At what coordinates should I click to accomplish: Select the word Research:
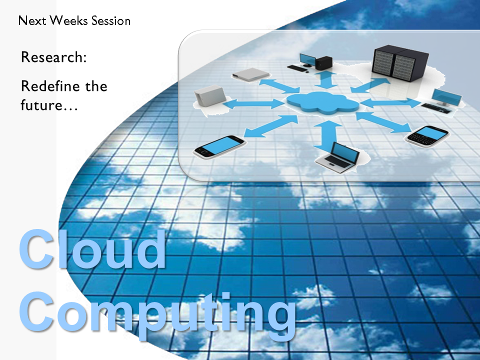(54, 57)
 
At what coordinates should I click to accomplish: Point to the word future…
(49, 105)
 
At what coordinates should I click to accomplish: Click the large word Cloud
(92, 249)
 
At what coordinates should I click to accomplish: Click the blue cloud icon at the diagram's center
(322, 102)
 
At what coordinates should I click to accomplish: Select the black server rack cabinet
(400, 63)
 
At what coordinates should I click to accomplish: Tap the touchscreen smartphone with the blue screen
(219, 147)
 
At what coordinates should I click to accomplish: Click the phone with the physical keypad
(427, 135)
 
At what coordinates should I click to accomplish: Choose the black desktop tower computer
(324, 63)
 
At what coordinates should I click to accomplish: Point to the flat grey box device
(250, 74)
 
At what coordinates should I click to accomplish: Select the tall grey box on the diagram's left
(210, 96)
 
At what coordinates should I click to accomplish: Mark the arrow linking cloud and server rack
(370, 85)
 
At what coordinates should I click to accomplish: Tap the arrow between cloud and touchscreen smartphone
(270, 126)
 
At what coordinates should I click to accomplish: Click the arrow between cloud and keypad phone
(384, 122)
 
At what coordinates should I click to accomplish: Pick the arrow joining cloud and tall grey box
(253, 104)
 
